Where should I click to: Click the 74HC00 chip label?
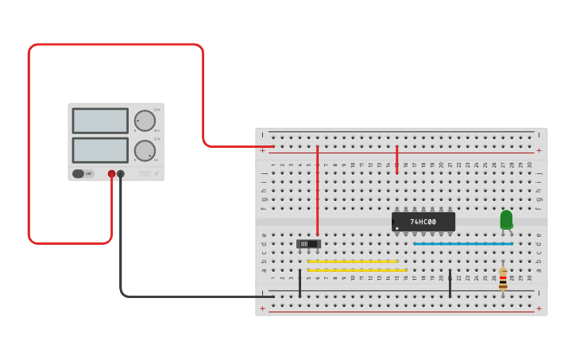click(x=423, y=222)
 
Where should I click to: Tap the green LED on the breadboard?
click(x=506, y=219)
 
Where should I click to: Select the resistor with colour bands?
click(x=503, y=278)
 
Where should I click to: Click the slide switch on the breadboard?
click(x=308, y=243)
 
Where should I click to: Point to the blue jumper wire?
click(x=462, y=244)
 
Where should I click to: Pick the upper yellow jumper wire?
click(x=352, y=261)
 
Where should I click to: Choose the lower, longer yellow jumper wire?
click(x=357, y=270)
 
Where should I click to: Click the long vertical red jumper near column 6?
click(x=317, y=191)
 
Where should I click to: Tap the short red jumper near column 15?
click(x=396, y=159)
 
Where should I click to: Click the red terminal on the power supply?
click(x=111, y=173)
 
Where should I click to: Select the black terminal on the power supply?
click(x=121, y=173)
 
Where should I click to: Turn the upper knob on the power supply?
click(x=145, y=121)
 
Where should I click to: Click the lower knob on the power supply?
click(x=145, y=150)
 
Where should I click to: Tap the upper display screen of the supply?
click(x=100, y=121)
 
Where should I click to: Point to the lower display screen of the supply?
click(x=100, y=150)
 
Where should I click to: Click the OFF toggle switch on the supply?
click(x=79, y=173)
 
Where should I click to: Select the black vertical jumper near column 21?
click(x=450, y=284)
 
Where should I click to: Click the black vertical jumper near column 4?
click(x=300, y=284)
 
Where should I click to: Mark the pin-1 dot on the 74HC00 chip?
click(x=397, y=228)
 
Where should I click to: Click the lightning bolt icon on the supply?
click(x=157, y=172)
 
